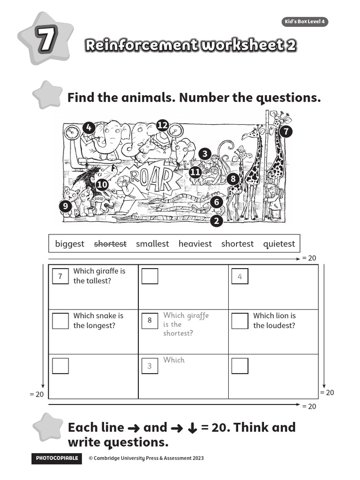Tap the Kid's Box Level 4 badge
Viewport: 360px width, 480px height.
click(304, 22)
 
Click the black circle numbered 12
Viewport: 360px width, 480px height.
click(162, 125)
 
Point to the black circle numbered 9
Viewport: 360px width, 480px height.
click(66, 206)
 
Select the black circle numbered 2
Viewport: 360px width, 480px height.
click(216, 220)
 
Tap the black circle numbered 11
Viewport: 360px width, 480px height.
click(195, 172)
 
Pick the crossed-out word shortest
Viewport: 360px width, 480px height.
click(110, 244)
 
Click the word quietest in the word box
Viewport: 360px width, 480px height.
click(279, 244)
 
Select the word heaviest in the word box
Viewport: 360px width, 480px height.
click(195, 244)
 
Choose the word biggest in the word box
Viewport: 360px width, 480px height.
click(69, 244)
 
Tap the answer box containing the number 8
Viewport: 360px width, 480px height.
click(150, 321)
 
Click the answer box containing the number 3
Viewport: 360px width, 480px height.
click(150, 366)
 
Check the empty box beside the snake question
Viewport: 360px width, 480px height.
click(60, 321)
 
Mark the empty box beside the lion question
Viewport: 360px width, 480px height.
click(240, 321)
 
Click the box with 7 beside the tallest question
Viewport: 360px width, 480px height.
click(60, 276)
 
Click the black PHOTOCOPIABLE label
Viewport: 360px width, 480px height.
click(57, 458)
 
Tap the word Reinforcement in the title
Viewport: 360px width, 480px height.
click(141, 45)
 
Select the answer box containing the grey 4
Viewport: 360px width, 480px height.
click(240, 276)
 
